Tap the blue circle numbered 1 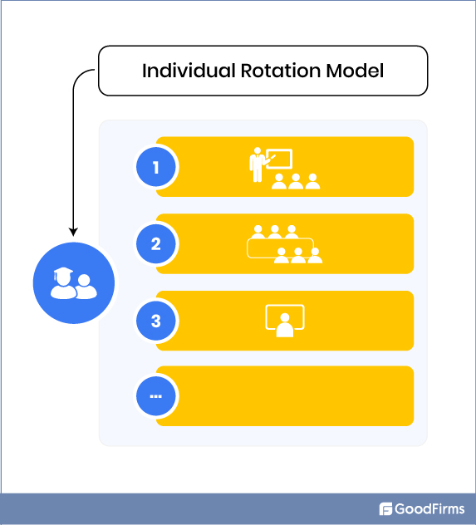click(x=156, y=168)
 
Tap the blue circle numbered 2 click(x=156, y=244)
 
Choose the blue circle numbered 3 click(x=156, y=321)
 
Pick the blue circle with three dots click(x=156, y=396)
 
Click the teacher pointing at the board click(x=257, y=164)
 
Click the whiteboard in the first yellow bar click(x=278, y=159)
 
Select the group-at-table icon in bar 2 click(x=284, y=244)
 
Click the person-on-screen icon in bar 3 click(x=285, y=321)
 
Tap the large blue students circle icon click(x=73, y=283)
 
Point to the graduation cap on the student click(x=61, y=273)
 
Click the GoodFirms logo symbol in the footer click(x=385, y=509)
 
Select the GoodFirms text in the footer click(x=429, y=509)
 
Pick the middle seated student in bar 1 click(x=295, y=182)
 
